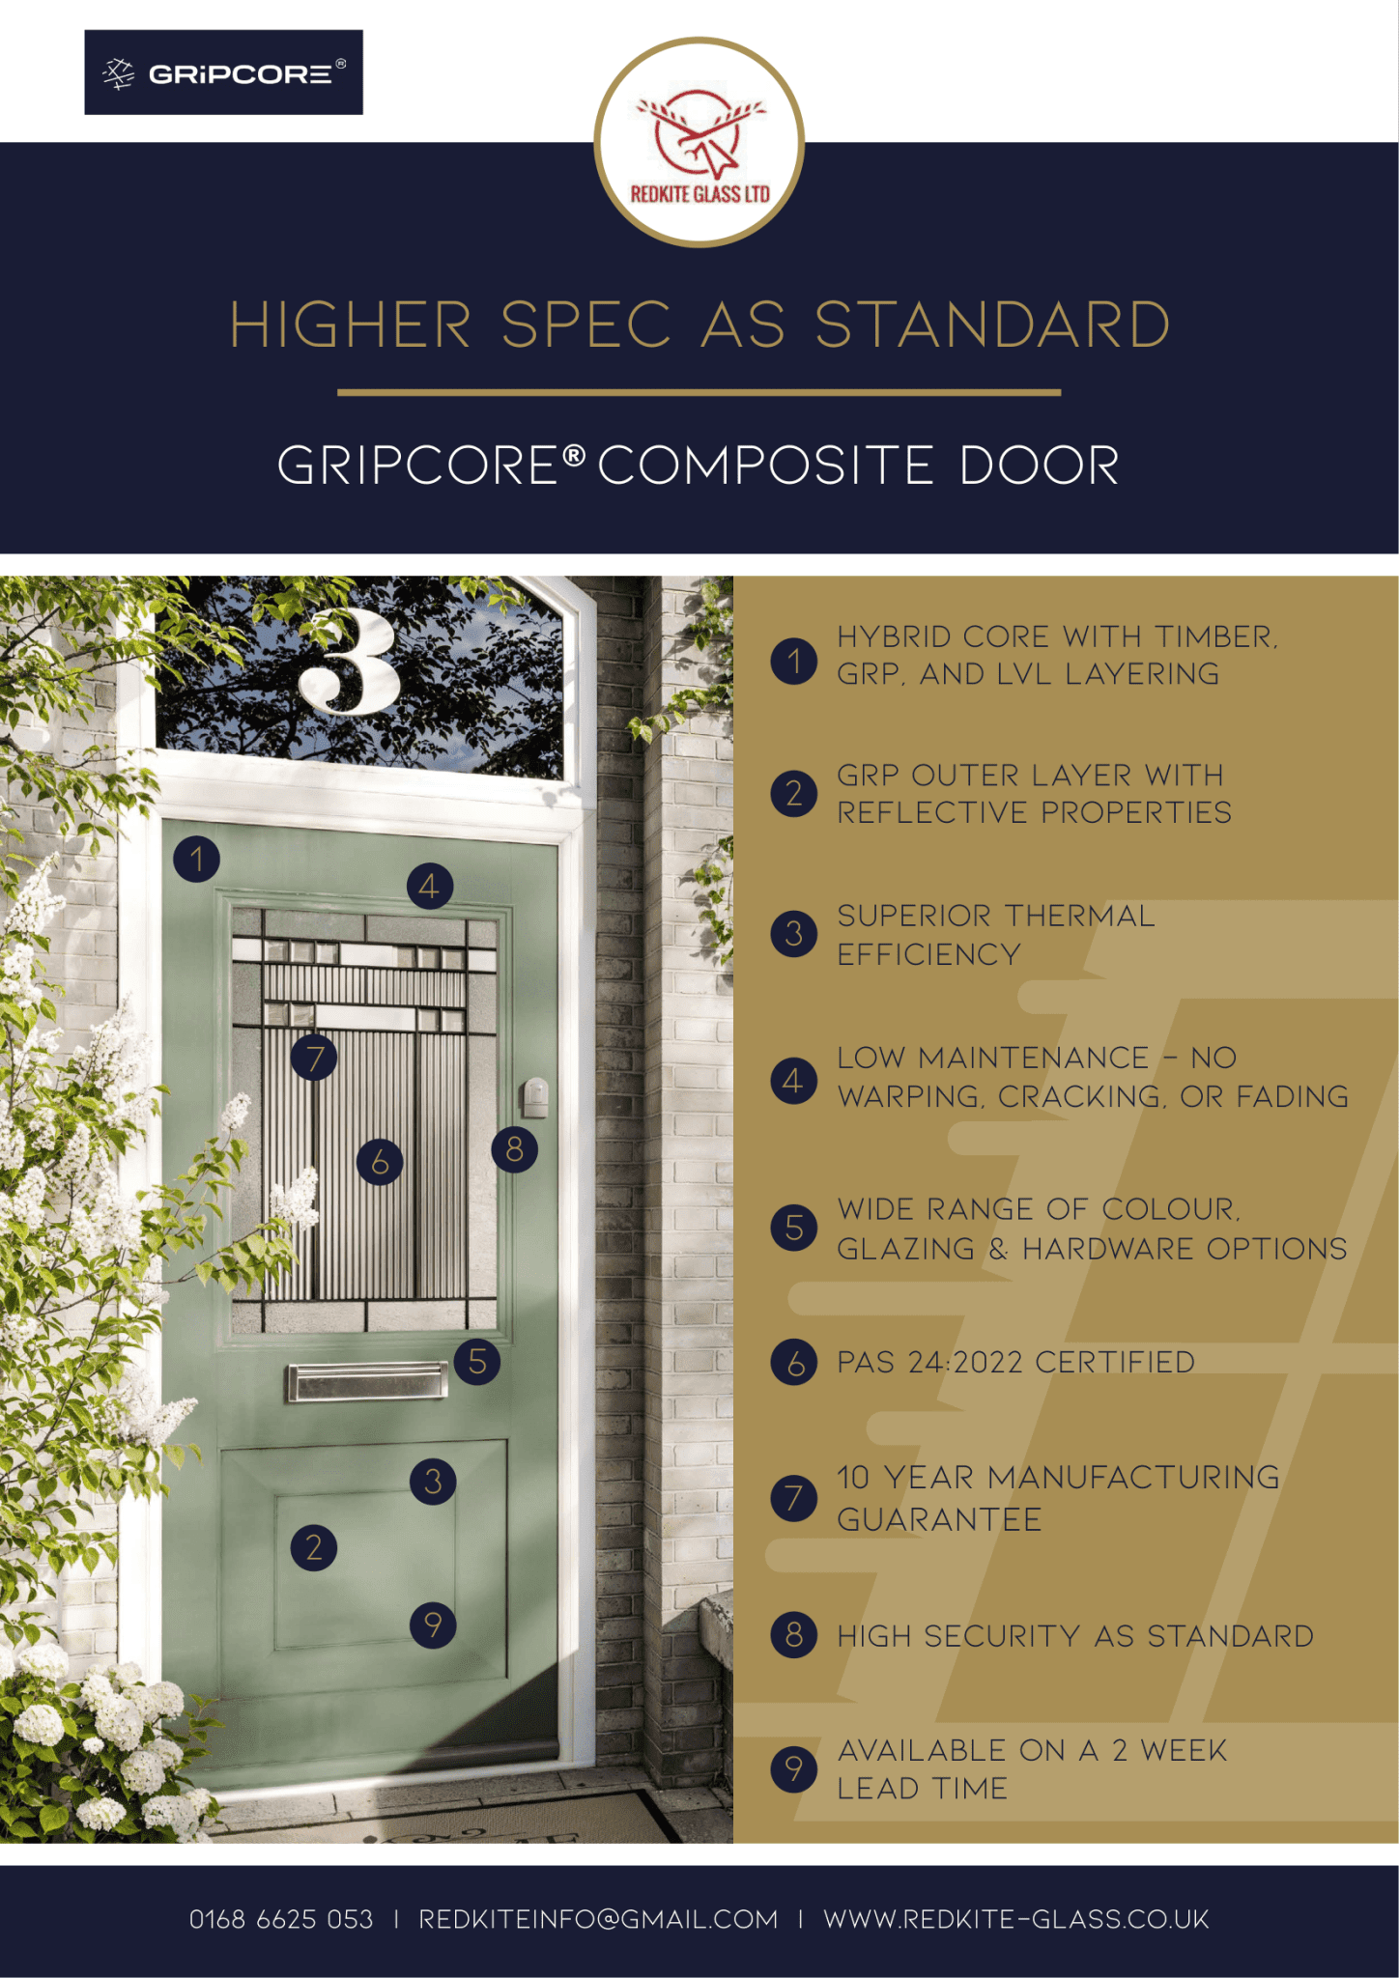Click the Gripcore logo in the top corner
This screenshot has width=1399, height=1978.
223,72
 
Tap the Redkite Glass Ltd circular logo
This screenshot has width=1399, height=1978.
699,142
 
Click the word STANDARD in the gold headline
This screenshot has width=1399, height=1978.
992,325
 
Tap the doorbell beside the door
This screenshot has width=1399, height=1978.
534,1096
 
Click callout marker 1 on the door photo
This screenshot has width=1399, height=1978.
197,859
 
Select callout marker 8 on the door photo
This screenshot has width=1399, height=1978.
514,1149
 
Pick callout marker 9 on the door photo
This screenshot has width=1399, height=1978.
433,1625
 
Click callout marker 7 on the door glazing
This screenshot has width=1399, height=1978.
315,1059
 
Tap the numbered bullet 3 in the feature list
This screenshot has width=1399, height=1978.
794,934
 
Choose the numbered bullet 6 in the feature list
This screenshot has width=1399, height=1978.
794,1363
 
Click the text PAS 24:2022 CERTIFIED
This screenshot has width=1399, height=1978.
1015,1363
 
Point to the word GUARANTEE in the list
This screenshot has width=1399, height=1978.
939,1520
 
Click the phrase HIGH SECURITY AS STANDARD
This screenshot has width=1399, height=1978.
1074,1636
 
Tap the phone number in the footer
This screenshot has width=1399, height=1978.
281,1919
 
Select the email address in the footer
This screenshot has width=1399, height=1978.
598,1919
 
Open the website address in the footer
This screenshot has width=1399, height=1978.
1015,1919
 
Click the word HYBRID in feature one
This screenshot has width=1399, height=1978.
894,637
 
